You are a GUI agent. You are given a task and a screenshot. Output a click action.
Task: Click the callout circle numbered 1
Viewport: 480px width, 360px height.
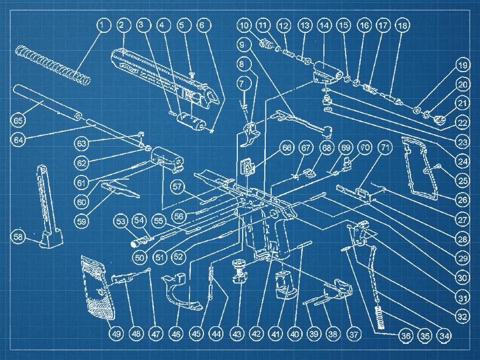(104, 25)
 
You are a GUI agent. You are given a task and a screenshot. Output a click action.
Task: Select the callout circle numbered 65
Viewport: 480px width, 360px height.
(18, 121)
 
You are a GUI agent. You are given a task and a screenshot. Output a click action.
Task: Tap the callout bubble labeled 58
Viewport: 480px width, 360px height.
(18, 237)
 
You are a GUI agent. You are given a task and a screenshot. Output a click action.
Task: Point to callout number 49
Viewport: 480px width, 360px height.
(116, 334)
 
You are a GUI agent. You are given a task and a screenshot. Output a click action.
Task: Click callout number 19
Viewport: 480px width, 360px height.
(462, 65)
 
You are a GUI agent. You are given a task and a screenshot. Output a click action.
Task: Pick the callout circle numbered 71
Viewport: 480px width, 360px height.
(385, 148)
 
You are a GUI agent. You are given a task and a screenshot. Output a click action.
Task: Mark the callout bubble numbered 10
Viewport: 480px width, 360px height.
(244, 25)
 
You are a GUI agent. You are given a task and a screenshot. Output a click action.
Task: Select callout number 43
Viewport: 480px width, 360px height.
(237, 334)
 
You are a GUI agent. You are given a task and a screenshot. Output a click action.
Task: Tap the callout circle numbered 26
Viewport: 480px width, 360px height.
(462, 200)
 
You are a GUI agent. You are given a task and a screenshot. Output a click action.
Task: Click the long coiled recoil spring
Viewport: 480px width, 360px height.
(53, 65)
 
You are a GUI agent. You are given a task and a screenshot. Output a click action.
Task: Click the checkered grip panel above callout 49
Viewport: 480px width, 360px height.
(97, 288)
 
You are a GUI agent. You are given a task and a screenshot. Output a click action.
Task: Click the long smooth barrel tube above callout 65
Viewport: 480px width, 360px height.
(47, 102)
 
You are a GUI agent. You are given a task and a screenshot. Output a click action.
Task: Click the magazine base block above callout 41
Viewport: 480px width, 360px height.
(284, 285)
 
